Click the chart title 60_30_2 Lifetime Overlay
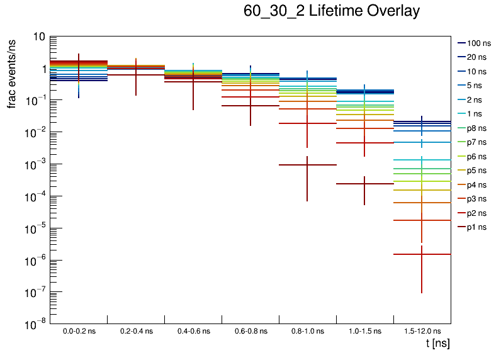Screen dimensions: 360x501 [x=332, y=12]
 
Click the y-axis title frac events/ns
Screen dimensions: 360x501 [x=12, y=72]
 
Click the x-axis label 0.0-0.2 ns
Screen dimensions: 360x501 [x=79, y=331]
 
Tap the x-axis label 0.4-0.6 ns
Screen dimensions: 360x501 [x=193, y=331]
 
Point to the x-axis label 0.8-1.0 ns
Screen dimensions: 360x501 [x=307, y=331]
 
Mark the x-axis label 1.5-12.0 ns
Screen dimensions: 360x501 [x=422, y=331]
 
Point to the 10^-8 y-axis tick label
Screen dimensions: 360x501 [x=35, y=324]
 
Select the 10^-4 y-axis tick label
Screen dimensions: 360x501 [x=35, y=196]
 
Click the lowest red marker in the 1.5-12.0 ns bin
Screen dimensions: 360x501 [x=422, y=254]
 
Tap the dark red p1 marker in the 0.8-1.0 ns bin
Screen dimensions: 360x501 [x=307, y=165]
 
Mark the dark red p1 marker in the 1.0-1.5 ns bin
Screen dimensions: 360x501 [x=364, y=184]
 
